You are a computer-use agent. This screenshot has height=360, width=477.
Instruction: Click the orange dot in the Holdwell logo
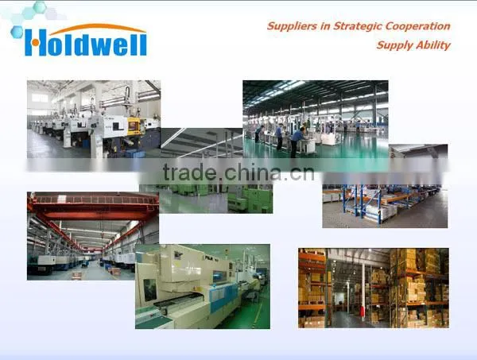[36, 43]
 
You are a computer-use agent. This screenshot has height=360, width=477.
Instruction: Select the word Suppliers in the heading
[292, 26]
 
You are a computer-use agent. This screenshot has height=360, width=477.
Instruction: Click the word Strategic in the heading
[358, 26]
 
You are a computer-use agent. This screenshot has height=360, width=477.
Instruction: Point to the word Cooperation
[417, 26]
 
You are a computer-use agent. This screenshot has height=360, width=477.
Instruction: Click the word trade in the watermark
[189, 172]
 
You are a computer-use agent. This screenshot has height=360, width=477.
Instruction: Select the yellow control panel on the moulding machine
[134, 126]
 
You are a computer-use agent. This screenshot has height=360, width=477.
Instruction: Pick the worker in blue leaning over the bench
[297, 141]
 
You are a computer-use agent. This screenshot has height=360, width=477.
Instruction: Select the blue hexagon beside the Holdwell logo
[17, 32]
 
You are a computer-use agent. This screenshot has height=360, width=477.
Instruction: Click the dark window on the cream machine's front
[149, 290]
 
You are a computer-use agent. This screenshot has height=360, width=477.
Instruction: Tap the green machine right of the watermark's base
[250, 199]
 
